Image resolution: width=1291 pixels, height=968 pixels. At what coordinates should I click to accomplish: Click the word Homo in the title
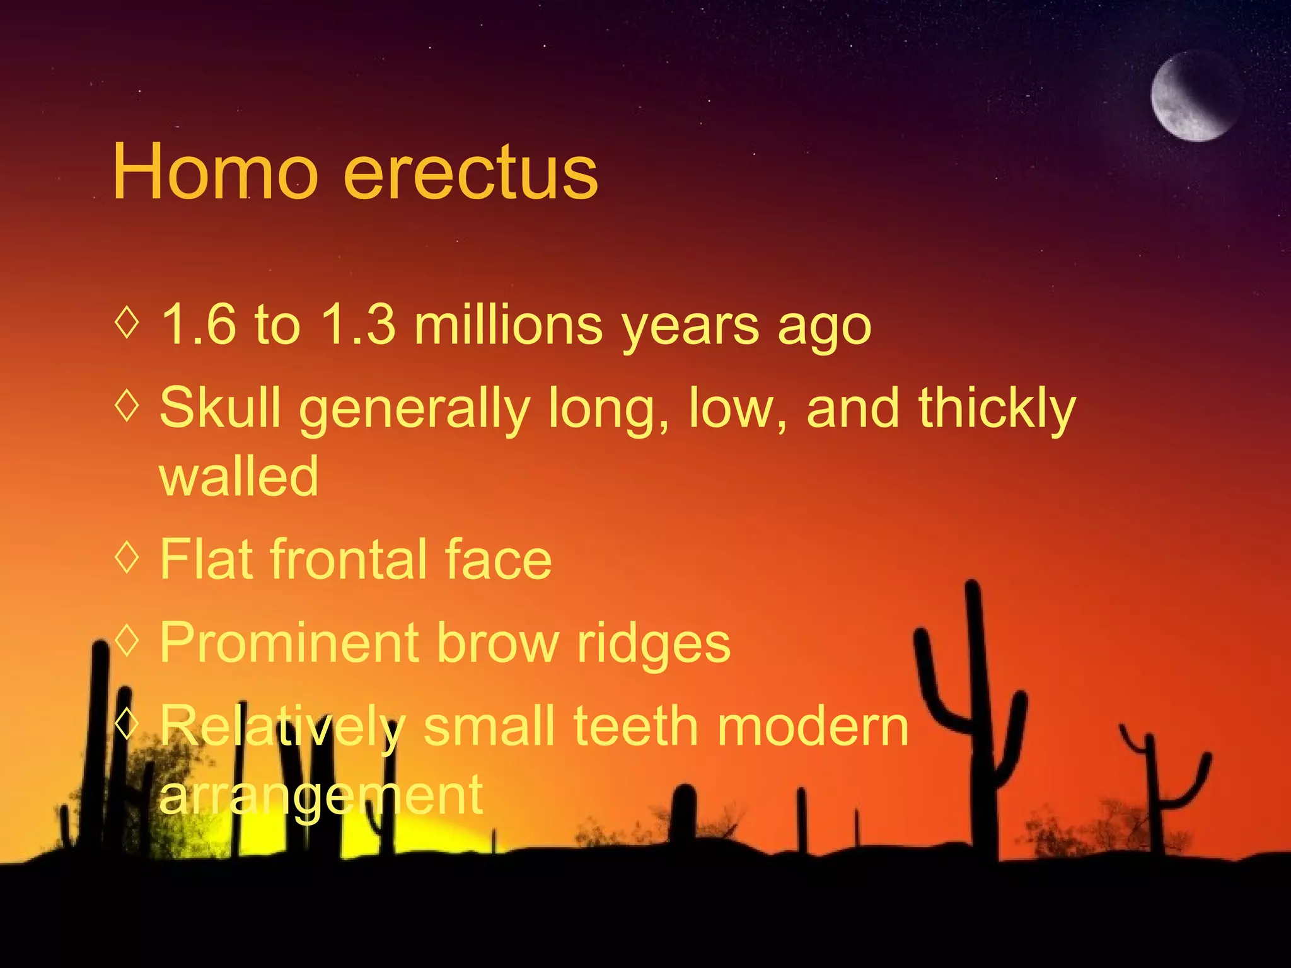click(214, 172)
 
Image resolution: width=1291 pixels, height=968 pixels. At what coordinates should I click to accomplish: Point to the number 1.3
click(357, 325)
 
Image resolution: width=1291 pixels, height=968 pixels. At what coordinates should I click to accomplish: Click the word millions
click(508, 325)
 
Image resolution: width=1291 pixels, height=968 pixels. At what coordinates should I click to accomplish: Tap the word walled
click(239, 476)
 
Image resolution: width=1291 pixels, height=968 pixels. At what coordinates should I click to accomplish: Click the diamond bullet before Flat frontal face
click(127, 556)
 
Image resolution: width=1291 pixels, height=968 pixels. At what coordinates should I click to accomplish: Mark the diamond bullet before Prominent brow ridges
click(127, 640)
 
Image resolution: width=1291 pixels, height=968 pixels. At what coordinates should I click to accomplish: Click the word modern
click(813, 726)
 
